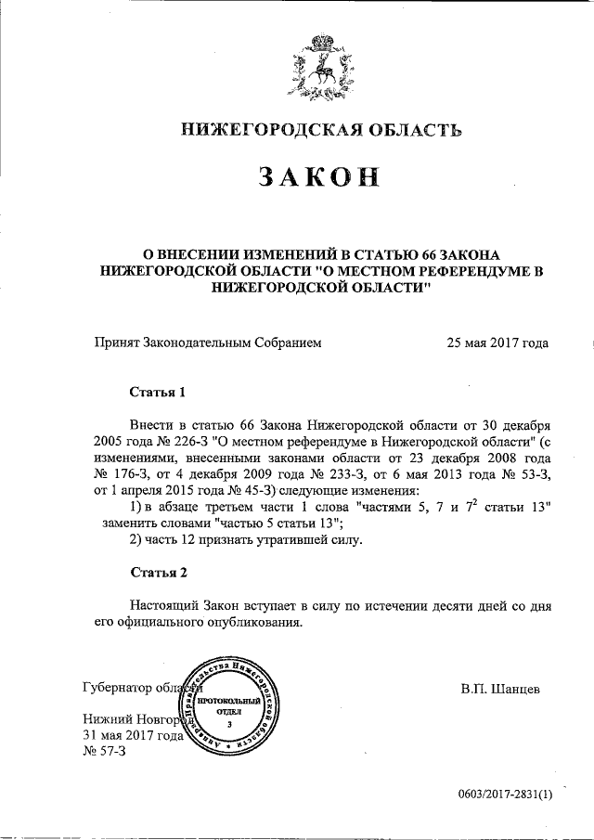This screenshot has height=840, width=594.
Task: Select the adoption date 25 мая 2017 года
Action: [x=497, y=342]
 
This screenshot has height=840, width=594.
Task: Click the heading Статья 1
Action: [x=163, y=392]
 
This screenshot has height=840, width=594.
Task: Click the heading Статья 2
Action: [x=163, y=571]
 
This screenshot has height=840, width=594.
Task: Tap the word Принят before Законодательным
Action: [x=117, y=342]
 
